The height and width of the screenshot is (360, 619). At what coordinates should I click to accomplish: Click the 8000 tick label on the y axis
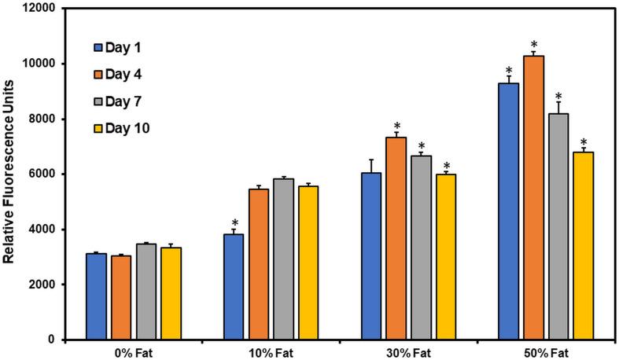[x=44, y=119]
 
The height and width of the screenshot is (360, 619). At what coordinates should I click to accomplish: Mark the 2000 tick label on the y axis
[x=44, y=285]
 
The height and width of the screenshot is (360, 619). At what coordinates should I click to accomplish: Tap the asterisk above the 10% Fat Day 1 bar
[x=234, y=223]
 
